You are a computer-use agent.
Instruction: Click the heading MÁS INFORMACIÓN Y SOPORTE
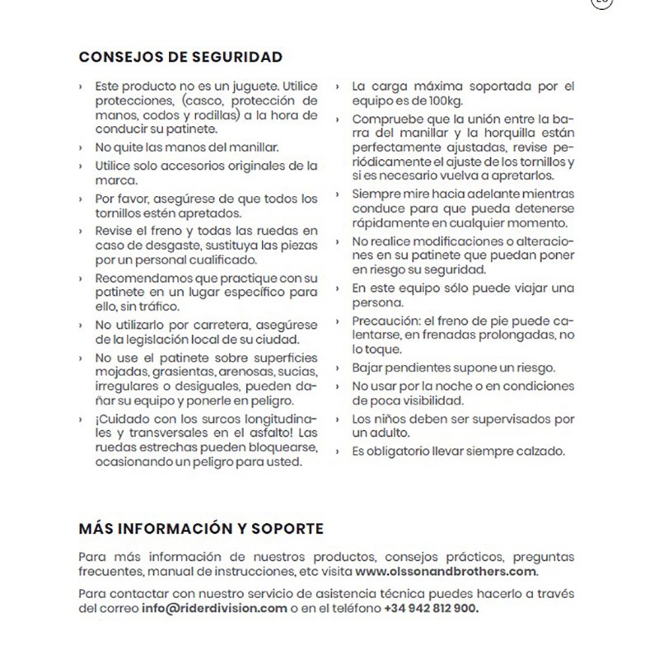tap(201, 527)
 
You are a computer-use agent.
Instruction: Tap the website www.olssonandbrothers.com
tap(447, 570)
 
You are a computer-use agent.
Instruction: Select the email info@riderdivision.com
tap(213, 608)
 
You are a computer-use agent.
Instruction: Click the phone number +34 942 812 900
tap(430, 608)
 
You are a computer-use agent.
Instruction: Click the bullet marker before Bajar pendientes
tap(339, 367)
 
